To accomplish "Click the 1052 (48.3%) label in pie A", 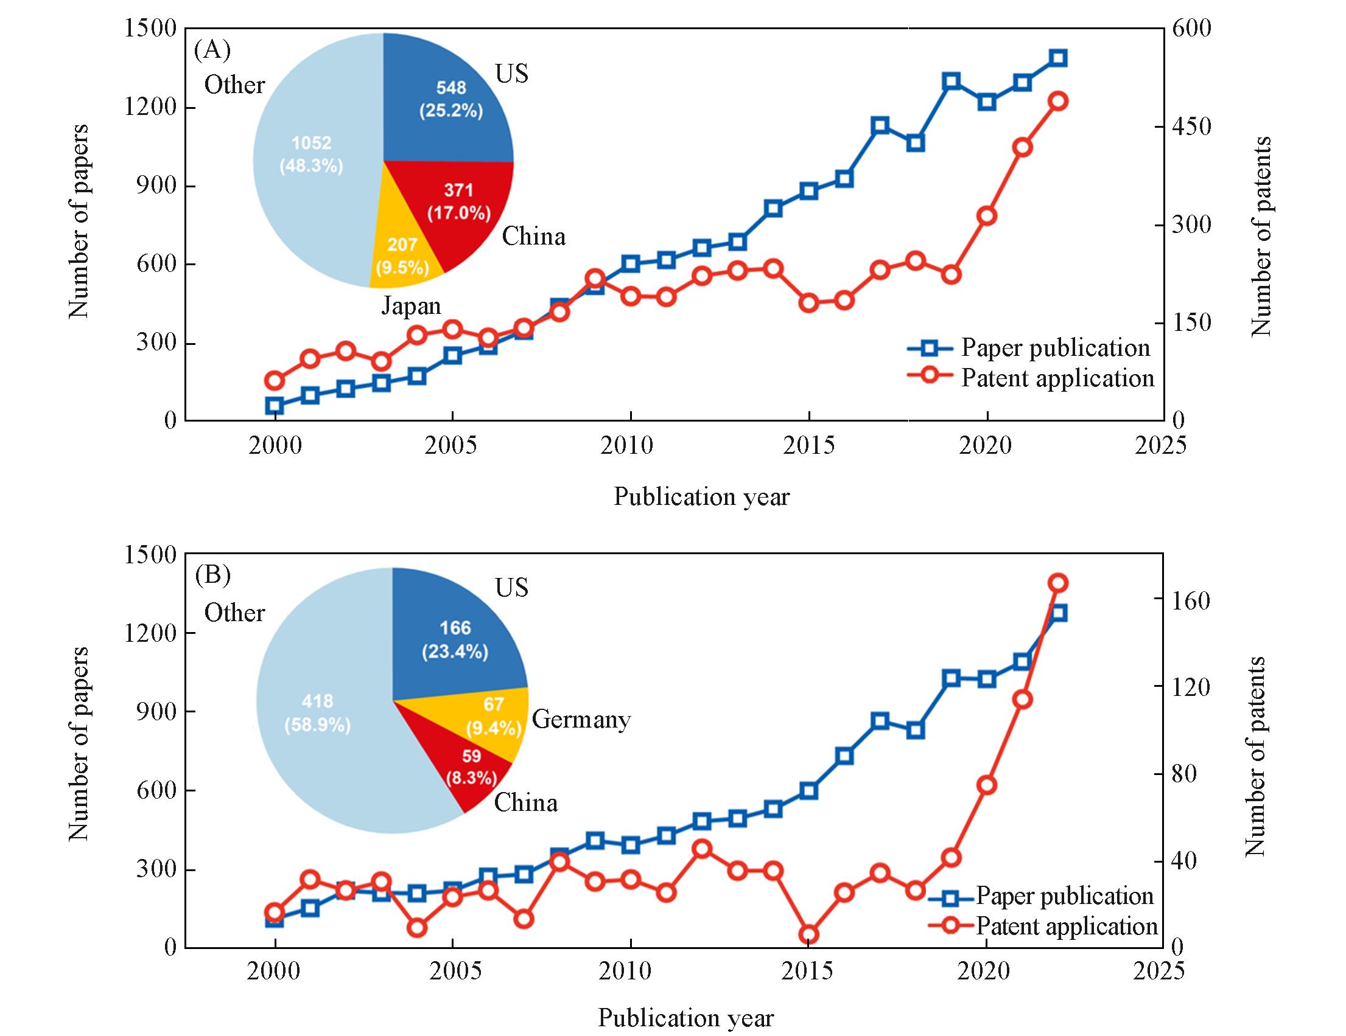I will pyautogui.click(x=311, y=155).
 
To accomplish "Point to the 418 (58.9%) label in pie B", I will pyautogui.click(x=317, y=713).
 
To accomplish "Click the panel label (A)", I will pyautogui.click(x=212, y=50).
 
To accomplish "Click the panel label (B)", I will pyautogui.click(x=212, y=575).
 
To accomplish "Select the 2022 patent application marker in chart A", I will pyautogui.click(x=1058, y=101).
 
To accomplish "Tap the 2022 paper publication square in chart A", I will pyautogui.click(x=1058, y=58).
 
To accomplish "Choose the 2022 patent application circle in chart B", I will pyautogui.click(x=1058, y=583).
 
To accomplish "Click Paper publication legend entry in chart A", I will pyautogui.click(x=1055, y=348).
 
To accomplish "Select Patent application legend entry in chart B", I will pyautogui.click(x=1066, y=926).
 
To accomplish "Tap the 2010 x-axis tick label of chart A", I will pyautogui.click(x=630, y=446).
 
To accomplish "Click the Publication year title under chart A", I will pyautogui.click(x=701, y=497).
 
